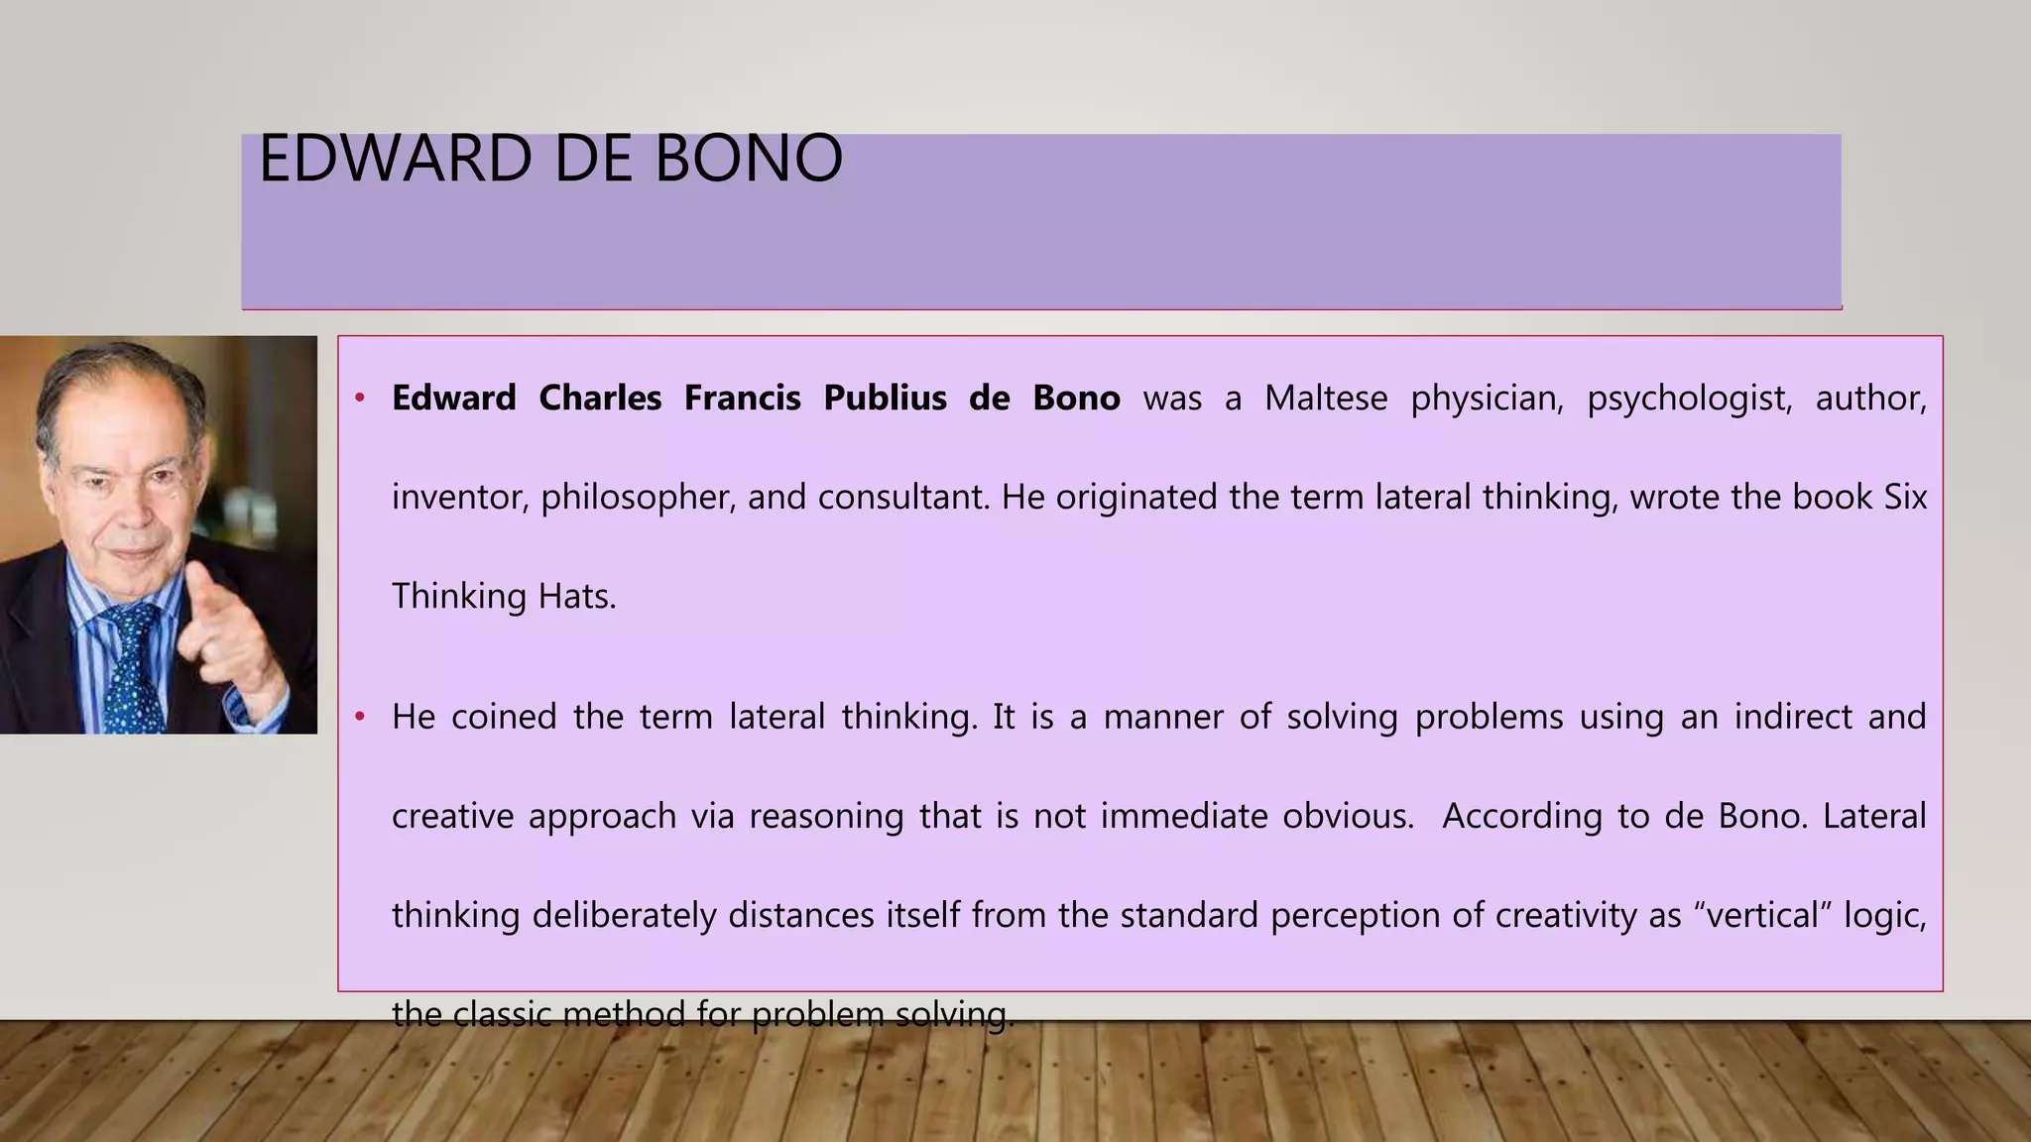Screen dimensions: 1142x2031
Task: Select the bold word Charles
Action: point(600,399)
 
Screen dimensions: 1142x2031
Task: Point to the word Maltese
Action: point(1326,399)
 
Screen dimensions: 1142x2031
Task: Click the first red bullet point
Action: point(361,399)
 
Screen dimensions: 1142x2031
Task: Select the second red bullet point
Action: point(361,717)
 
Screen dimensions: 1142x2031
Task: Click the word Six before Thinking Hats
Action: point(1905,498)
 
